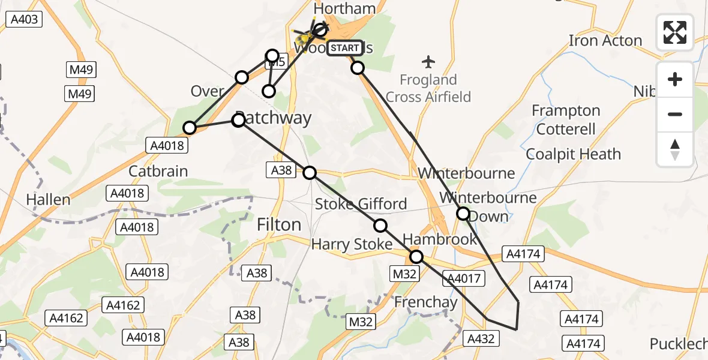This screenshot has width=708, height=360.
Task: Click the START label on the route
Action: pyautogui.click(x=345, y=48)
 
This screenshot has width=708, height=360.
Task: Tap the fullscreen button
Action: pyautogui.click(x=675, y=32)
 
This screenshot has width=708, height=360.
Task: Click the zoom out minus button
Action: pyautogui.click(x=675, y=114)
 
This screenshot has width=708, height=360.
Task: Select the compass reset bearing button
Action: pyautogui.click(x=675, y=149)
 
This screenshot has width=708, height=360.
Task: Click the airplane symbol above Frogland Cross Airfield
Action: pyautogui.click(x=428, y=61)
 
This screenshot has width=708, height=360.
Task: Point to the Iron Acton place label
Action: pyautogui.click(x=605, y=41)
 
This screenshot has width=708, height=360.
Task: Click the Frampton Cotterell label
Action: pyautogui.click(x=566, y=120)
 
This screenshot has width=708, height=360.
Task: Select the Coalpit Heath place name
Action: pyautogui.click(x=573, y=154)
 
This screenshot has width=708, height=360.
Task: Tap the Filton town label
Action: pyautogui.click(x=278, y=224)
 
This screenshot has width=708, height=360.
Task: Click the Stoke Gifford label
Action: pyautogui.click(x=361, y=204)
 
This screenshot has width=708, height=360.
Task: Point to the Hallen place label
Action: pyautogui.click(x=48, y=200)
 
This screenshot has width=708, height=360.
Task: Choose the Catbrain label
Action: pyautogui.click(x=158, y=171)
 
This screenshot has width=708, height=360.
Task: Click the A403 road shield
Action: pyautogui.click(x=25, y=20)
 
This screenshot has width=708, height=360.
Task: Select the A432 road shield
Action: pyautogui.click(x=481, y=339)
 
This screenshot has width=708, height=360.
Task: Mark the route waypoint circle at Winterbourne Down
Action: pyautogui.click(x=463, y=213)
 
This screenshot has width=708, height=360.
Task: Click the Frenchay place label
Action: pyautogui.click(x=425, y=302)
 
